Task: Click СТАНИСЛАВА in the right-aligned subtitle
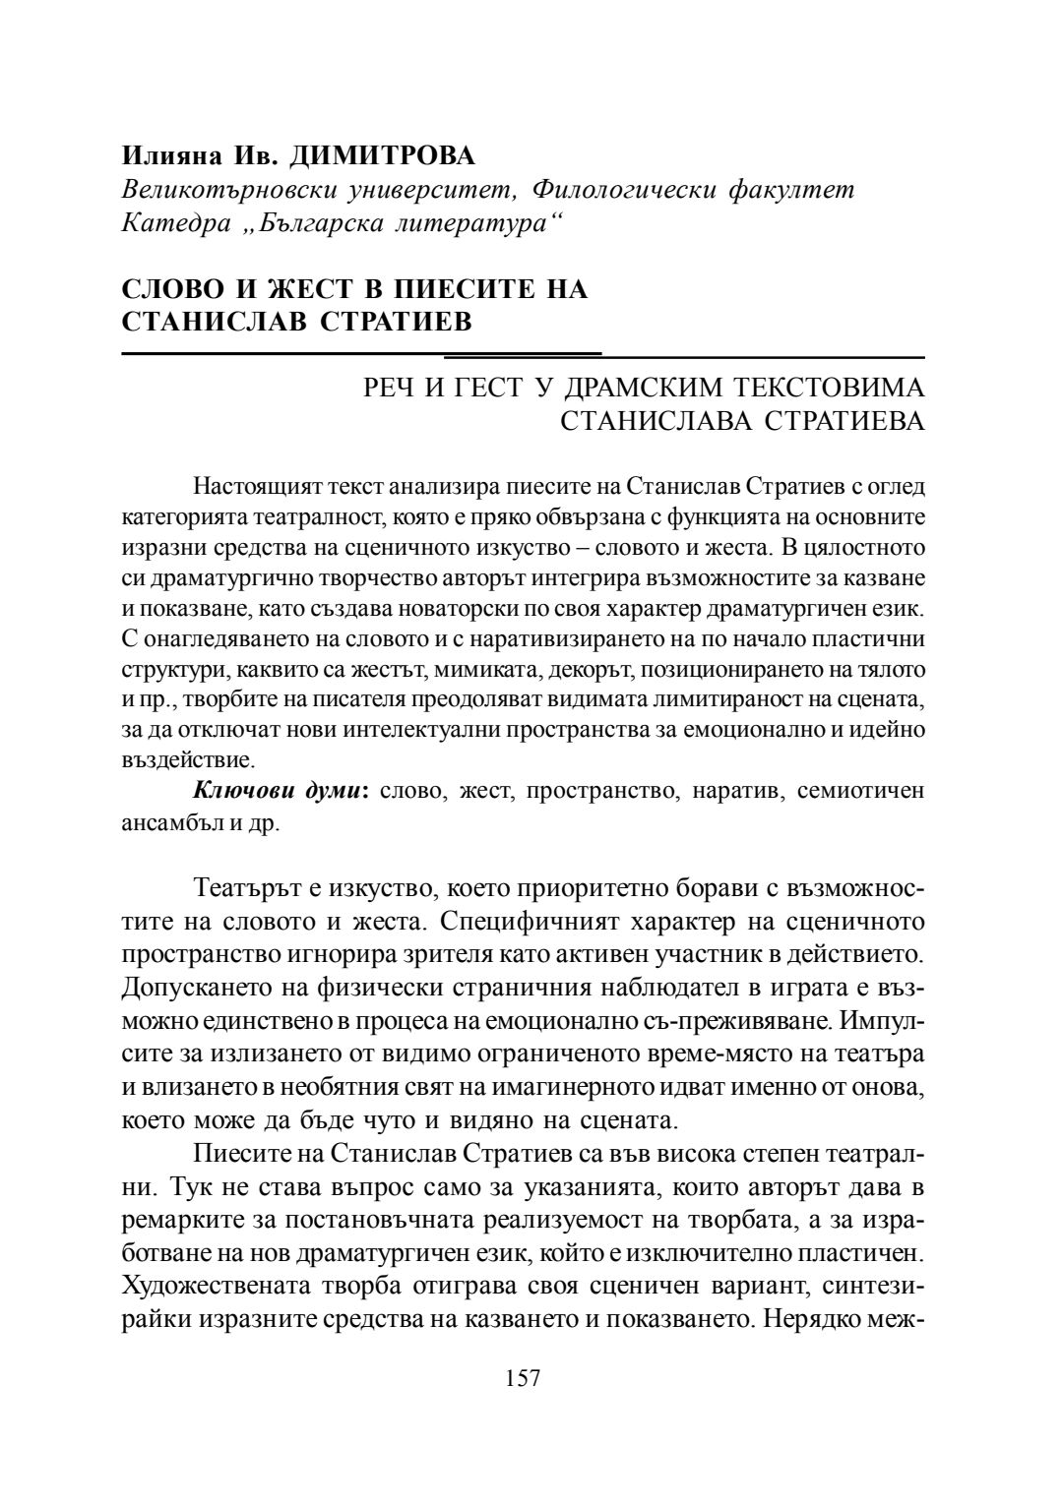(657, 421)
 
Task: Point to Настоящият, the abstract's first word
(254, 487)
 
